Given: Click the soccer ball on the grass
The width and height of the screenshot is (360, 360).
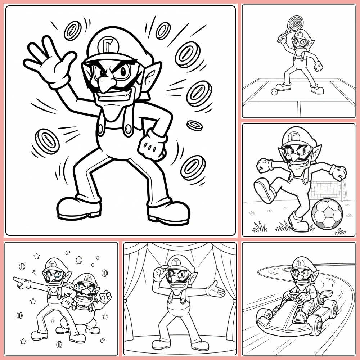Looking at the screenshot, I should (327, 214).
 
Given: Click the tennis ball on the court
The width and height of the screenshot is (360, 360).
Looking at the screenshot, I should (274, 92).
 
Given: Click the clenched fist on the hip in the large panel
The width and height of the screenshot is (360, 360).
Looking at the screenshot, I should (152, 144).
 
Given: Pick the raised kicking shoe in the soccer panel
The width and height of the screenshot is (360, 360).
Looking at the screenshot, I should (264, 190).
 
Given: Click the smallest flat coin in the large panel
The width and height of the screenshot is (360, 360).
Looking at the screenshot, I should (194, 125).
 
